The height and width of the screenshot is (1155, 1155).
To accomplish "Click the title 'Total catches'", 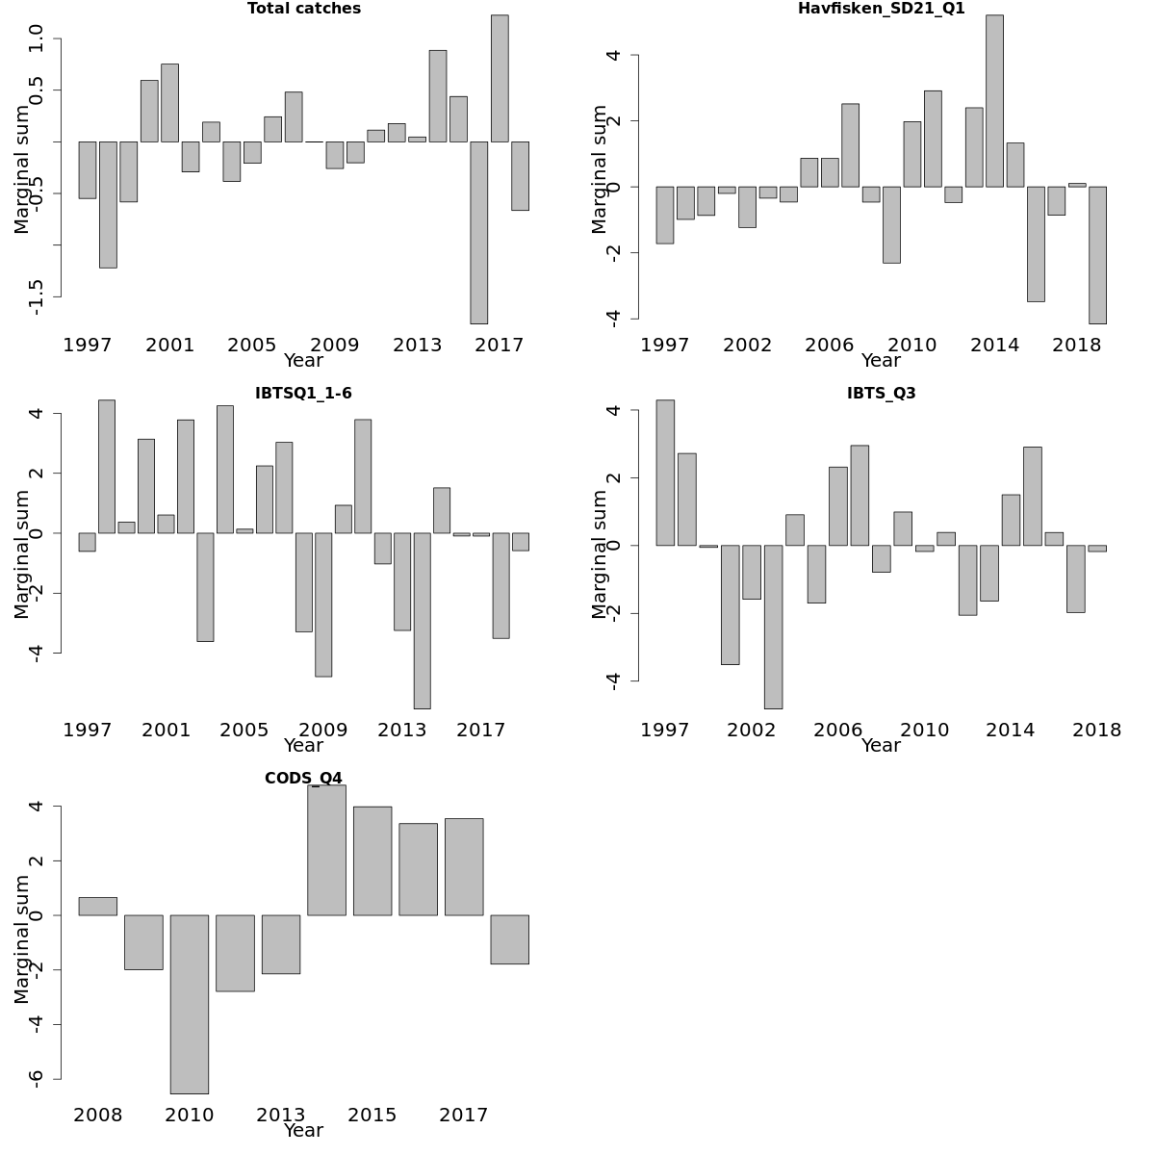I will (304, 9).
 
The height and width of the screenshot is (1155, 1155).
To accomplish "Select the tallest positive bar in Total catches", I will (500, 78).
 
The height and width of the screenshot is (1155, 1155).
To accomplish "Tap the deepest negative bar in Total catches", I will (478, 232).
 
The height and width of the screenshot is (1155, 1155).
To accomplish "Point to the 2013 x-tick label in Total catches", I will (417, 345).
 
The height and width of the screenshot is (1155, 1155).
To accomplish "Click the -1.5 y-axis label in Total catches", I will (37, 296).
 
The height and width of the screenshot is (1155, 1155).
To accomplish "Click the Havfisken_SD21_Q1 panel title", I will (881, 9).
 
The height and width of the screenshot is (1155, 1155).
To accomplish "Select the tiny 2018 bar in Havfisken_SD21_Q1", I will (1077, 185).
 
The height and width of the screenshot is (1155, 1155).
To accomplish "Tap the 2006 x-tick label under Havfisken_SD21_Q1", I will (830, 345).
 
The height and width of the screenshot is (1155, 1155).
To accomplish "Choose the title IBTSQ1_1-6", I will (303, 394).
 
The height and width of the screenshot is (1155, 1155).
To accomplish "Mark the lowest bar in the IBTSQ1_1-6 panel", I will (422, 621).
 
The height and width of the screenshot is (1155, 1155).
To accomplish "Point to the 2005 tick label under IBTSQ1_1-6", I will (244, 730).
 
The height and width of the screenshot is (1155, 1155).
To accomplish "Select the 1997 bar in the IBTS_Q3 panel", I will (665, 473).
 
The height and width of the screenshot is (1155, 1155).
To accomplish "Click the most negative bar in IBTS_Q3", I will (773, 627).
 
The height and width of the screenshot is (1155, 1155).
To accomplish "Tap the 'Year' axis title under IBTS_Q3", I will (881, 746).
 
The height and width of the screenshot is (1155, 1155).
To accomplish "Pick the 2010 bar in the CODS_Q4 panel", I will (190, 1004).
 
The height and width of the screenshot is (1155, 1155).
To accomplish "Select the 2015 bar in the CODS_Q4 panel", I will (372, 860).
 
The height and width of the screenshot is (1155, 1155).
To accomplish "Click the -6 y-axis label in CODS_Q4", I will (37, 1079).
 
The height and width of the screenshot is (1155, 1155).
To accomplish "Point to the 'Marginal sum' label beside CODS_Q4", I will (22, 939).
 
